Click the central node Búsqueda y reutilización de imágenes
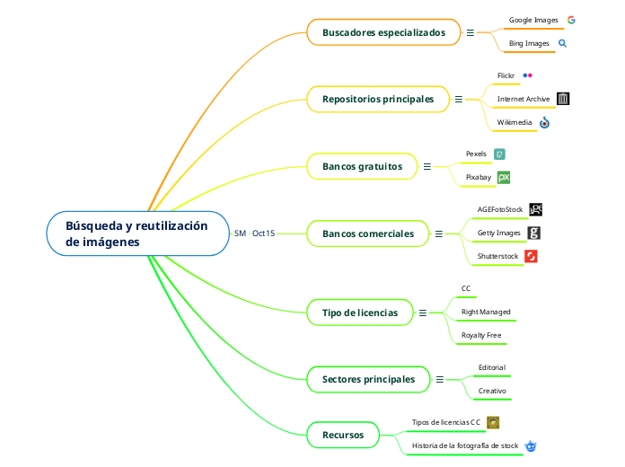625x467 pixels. pos(136,233)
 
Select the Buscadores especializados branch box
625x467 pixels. pos(383,32)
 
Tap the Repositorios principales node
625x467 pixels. pos(377,99)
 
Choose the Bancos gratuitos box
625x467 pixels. pos(362,166)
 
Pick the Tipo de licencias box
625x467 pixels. pos(359,313)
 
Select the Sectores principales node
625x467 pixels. pos(368,379)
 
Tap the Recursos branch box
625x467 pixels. pos(342,436)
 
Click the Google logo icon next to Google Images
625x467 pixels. pos(571,19)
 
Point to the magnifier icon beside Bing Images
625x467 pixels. pos(563,42)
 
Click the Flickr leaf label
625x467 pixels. pos(506,75)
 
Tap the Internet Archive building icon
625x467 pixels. pos(563,99)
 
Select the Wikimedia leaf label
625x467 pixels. pos(515,122)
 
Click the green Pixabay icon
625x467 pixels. pos(504,178)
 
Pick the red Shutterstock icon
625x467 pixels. pos(531,257)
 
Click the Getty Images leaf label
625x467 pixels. pos(498,233)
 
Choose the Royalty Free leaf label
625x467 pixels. pos(481,335)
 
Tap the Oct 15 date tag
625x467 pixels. pos(264,233)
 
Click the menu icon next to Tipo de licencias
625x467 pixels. pos(421,313)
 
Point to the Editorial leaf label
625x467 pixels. pos(491,367)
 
